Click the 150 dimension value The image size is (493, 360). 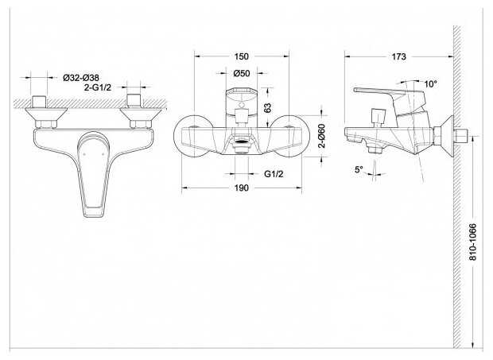coord(242,56)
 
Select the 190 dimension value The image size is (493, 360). coord(242,188)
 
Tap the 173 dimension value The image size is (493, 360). coord(398,56)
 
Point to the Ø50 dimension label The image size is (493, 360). coord(242,73)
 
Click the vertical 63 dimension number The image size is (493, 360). coord(267,108)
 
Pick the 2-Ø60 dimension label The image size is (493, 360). coord(322,136)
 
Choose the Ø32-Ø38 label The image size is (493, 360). coord(81,78)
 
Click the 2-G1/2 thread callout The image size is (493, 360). coord(98,87)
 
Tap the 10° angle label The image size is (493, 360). coord(430,84)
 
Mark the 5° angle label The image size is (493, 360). coord(359,169)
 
